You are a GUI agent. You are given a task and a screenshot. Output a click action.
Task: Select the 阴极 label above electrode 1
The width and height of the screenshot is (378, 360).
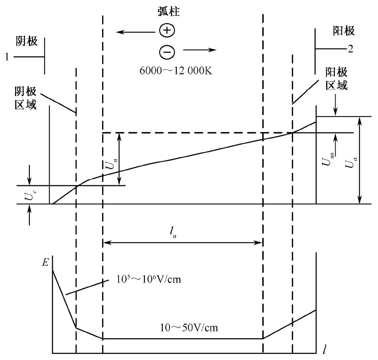tap(27, 41)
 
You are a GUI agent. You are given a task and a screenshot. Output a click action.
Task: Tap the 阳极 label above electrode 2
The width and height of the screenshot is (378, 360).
tap(344, 31)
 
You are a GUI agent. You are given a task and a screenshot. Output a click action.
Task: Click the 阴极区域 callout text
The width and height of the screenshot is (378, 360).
tap(26, 98)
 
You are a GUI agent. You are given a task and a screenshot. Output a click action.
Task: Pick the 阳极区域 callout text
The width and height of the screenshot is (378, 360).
tap(336, 79)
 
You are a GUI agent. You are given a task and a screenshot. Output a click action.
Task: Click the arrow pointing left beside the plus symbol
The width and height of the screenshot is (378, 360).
tap(130, 33)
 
